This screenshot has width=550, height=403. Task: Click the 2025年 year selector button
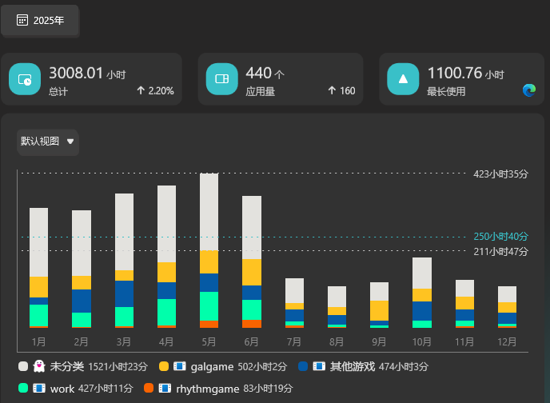(40, 20)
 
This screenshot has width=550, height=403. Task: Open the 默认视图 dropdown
(48, 142)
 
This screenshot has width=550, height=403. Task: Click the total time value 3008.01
(76, 74)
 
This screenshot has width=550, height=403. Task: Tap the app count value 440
(258, 74)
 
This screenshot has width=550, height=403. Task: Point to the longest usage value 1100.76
(454, 74)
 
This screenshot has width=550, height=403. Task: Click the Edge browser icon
(528, 91)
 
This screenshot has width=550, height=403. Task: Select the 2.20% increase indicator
(155, 91)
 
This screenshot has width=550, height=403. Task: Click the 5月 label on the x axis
(209, 341)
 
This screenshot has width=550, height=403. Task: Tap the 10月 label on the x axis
(422, 341)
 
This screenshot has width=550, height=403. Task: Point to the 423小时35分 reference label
(501, 174)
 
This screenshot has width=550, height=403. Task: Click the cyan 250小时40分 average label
(501, 237)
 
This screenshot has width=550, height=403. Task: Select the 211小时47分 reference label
(501, 251)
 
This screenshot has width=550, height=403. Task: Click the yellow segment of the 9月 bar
(380, 310)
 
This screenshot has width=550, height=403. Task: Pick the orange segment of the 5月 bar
(209, 324)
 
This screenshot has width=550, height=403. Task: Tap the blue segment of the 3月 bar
(124, 293)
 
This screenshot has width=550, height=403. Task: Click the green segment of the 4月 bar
(166, 312)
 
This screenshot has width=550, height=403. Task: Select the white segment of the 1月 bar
(38, 242)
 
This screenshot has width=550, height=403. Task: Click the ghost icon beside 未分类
(39, 366)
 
